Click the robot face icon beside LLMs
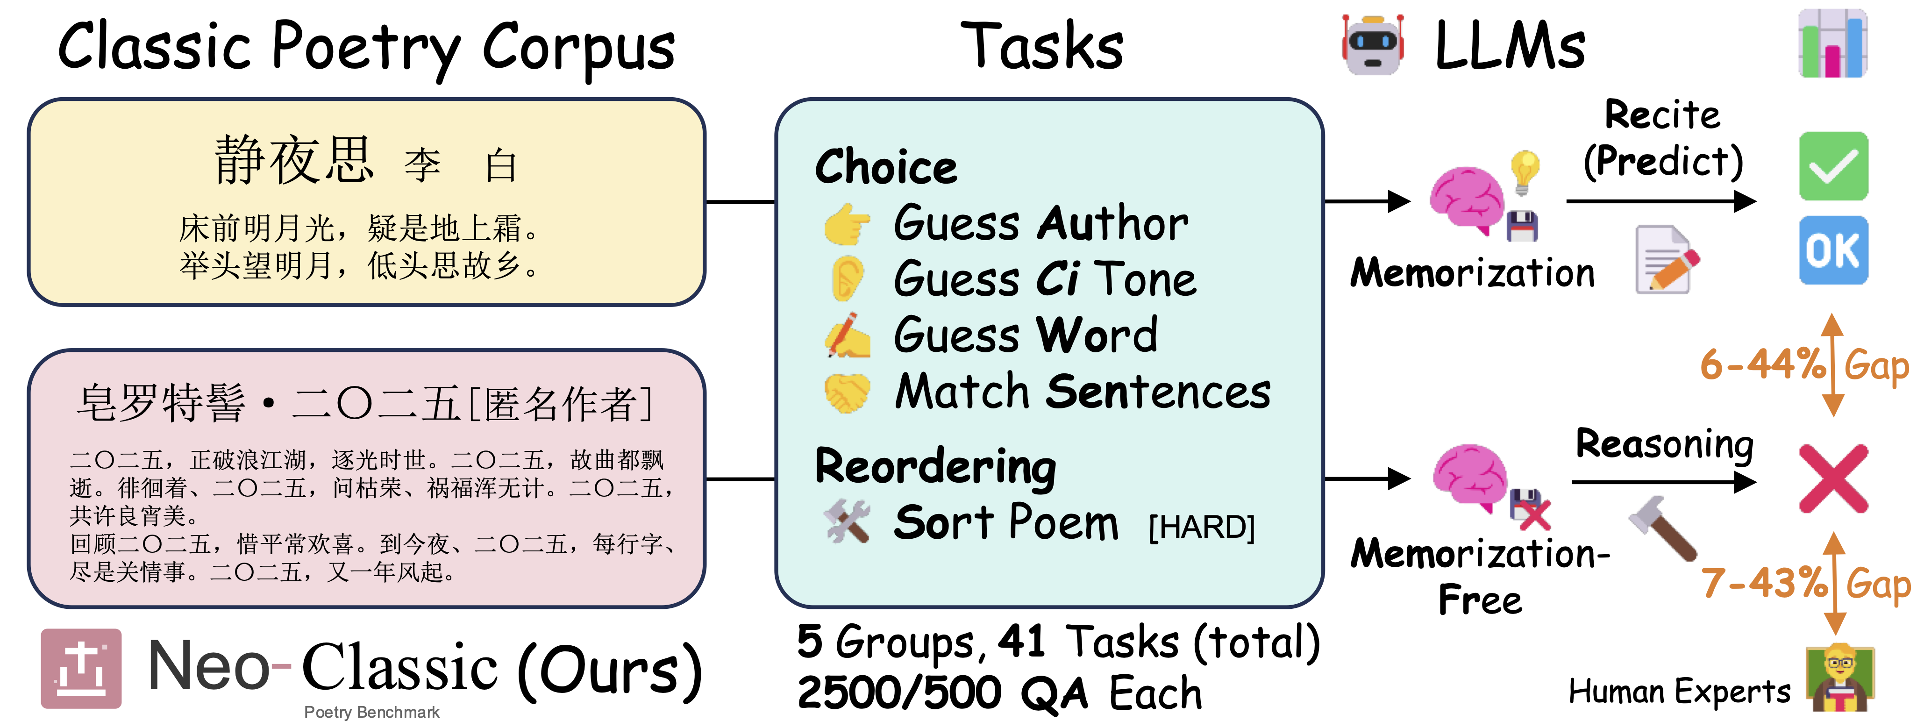click(1373, 45)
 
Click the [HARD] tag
click(1202, 527)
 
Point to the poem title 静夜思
click(293, 160)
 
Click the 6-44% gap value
click(1762, 365)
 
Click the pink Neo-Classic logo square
click(81, 669)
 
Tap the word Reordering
click(935, 467)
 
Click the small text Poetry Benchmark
click(371, 713)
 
